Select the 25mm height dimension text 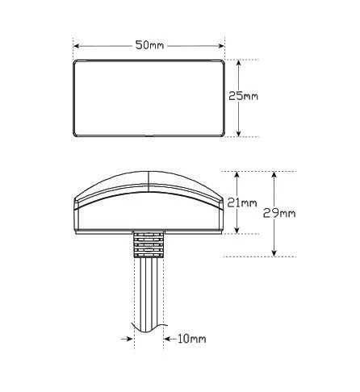243,96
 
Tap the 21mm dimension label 242,204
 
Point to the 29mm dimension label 280,213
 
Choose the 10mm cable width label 190,339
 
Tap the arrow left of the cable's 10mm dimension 128,339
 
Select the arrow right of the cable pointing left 168,339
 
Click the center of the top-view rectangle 149,98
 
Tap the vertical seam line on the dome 149,181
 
